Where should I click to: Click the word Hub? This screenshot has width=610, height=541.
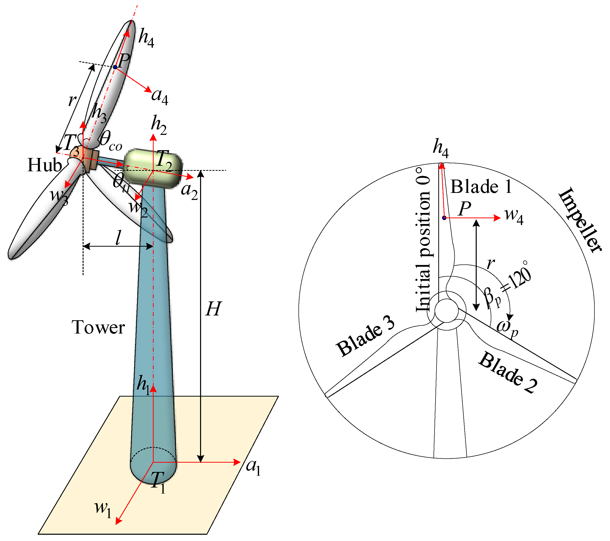pyautogui.click(x=44, y=165)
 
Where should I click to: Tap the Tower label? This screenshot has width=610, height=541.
pyautogui.click(x=98, y=328)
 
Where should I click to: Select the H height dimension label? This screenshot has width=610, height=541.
pyautogui.click(x=213, y=309)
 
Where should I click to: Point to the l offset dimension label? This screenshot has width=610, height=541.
pyautogui.click(x=119, y=238)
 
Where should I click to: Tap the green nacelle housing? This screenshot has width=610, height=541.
pyautogui.click(x=153, y=168)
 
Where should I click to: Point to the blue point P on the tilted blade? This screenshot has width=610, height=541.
pyautogui.click(x=115, y=67)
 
